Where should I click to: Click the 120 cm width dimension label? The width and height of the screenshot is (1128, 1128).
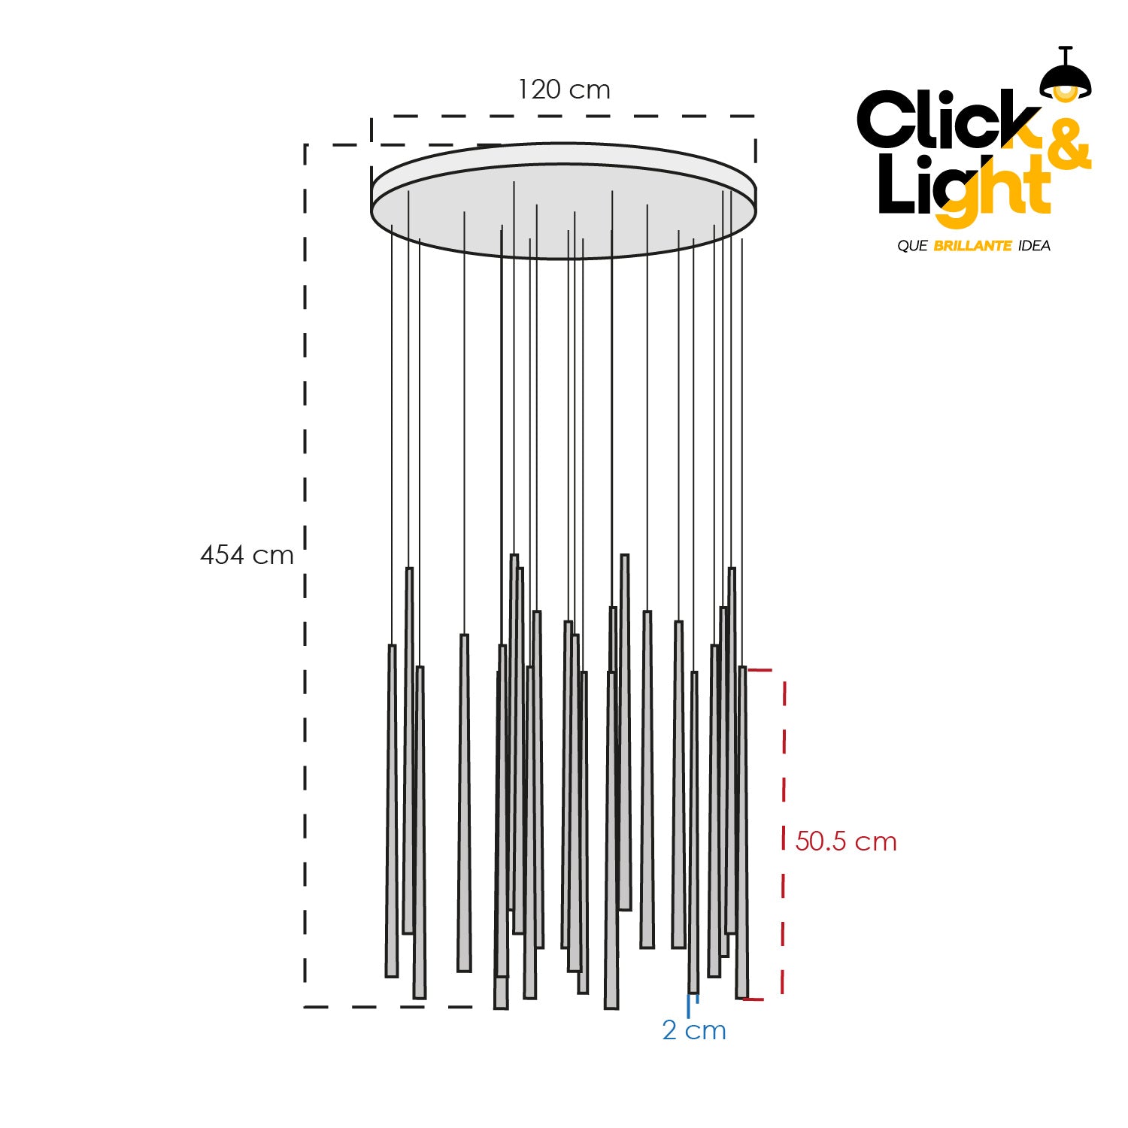tap(564, 89)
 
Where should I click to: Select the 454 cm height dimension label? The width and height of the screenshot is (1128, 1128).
tap(247, 555)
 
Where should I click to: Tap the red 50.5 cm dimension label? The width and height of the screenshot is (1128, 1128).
tap(846, 841)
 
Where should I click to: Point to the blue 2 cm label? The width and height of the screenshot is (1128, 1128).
tap(694, 1030)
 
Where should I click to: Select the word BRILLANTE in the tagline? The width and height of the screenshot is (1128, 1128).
tap(972, 246)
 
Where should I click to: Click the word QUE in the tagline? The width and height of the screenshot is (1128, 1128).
tap(912, 246)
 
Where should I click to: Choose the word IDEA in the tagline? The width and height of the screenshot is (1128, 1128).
tap(1034, 246)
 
